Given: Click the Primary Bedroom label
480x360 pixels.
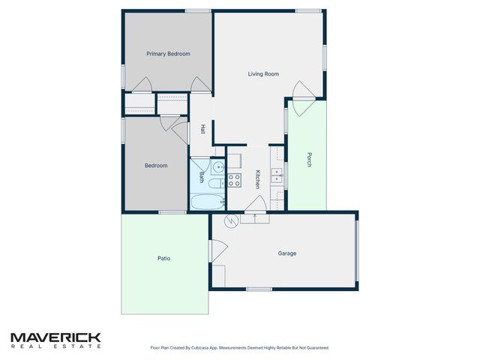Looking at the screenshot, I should (168, 54).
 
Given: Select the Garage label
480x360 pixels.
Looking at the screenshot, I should (287, 253).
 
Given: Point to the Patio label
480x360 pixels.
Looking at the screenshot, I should (163, 259).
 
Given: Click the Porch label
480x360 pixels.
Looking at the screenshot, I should (308, 160).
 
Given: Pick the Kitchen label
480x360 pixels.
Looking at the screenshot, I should (257, 178).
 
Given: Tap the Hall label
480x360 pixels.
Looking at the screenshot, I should (202, 129).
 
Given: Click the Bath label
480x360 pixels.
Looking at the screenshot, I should (202, 178).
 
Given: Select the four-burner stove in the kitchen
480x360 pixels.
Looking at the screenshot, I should (234, 180).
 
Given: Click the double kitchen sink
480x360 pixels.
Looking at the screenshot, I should (276, 175).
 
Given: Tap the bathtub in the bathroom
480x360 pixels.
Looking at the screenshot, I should (206, 202).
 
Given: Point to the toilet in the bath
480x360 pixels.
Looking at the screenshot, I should (215, 182).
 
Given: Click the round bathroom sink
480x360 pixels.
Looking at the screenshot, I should (216, 166).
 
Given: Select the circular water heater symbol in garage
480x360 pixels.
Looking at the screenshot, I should (232, 220).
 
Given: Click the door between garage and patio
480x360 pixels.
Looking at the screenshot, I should (214, 250).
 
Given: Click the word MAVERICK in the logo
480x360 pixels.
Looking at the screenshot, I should (55, 338).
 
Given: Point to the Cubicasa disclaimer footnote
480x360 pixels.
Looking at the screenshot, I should (239, 348).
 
